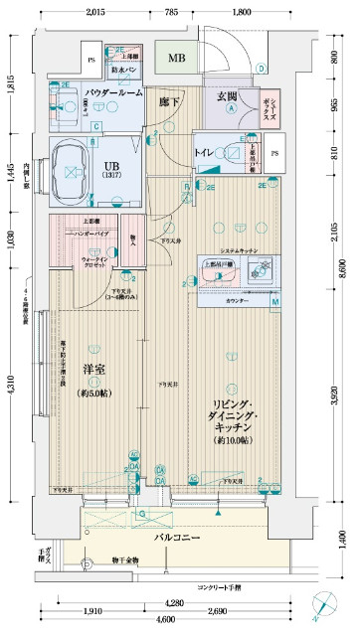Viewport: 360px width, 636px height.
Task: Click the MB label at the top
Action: coord(176,58)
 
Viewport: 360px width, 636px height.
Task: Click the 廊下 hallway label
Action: coord(169,100)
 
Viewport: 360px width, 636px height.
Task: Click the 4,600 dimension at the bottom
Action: coord(176,619)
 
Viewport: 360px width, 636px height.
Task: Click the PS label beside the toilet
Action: coord(274,152)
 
